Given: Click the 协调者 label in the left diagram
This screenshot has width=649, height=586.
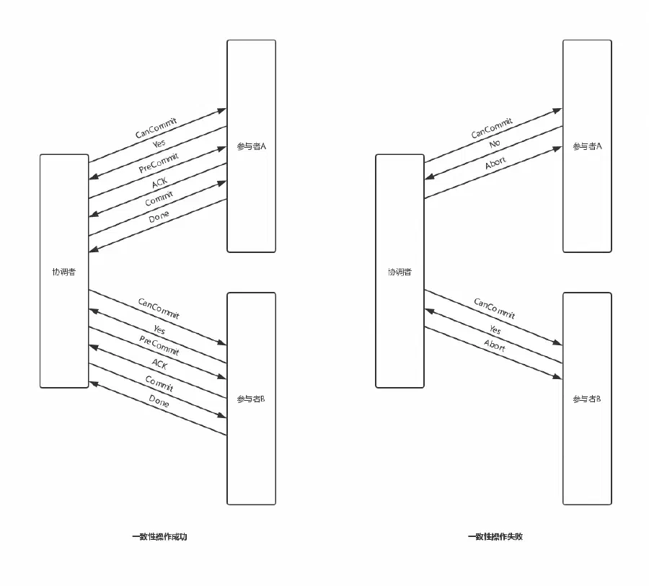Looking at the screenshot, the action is pos(64,272).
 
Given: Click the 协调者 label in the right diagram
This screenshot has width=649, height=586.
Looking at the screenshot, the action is pos(399,272).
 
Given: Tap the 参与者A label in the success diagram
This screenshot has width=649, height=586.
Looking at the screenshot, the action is pos(251,146).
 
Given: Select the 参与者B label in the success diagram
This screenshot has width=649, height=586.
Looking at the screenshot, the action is pos(251,399).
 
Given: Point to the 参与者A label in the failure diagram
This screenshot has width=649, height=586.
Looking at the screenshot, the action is pos(587,146).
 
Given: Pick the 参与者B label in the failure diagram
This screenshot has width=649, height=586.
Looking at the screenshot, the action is pos(586,399).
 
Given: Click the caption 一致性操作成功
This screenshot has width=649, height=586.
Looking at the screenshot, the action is pos(160,537).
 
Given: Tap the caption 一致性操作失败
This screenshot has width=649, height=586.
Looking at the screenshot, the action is pos(495,537).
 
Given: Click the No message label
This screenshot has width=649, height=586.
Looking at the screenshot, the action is pos(495,143).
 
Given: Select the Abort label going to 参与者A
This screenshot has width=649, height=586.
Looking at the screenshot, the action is pos(495,163).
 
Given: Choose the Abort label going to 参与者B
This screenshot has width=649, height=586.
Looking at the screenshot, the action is pos(495,345).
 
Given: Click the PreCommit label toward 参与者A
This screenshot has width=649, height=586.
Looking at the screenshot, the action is pos(159,163).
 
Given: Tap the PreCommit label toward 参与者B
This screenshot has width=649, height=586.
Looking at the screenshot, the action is pos(159,345).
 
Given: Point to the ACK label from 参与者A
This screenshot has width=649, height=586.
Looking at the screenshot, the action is pos(159,182).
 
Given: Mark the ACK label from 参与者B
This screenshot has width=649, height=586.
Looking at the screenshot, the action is pos(159,364).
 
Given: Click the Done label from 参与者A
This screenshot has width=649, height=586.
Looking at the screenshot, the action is pos(159,216).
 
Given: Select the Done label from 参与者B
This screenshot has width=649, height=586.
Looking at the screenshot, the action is pos(159,401).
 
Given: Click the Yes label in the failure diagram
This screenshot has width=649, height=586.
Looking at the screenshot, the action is pos(495,329).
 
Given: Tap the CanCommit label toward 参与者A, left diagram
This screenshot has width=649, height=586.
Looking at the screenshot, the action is pos(156,128).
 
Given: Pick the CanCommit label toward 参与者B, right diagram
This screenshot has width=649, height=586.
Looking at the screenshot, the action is pos(495,308).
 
